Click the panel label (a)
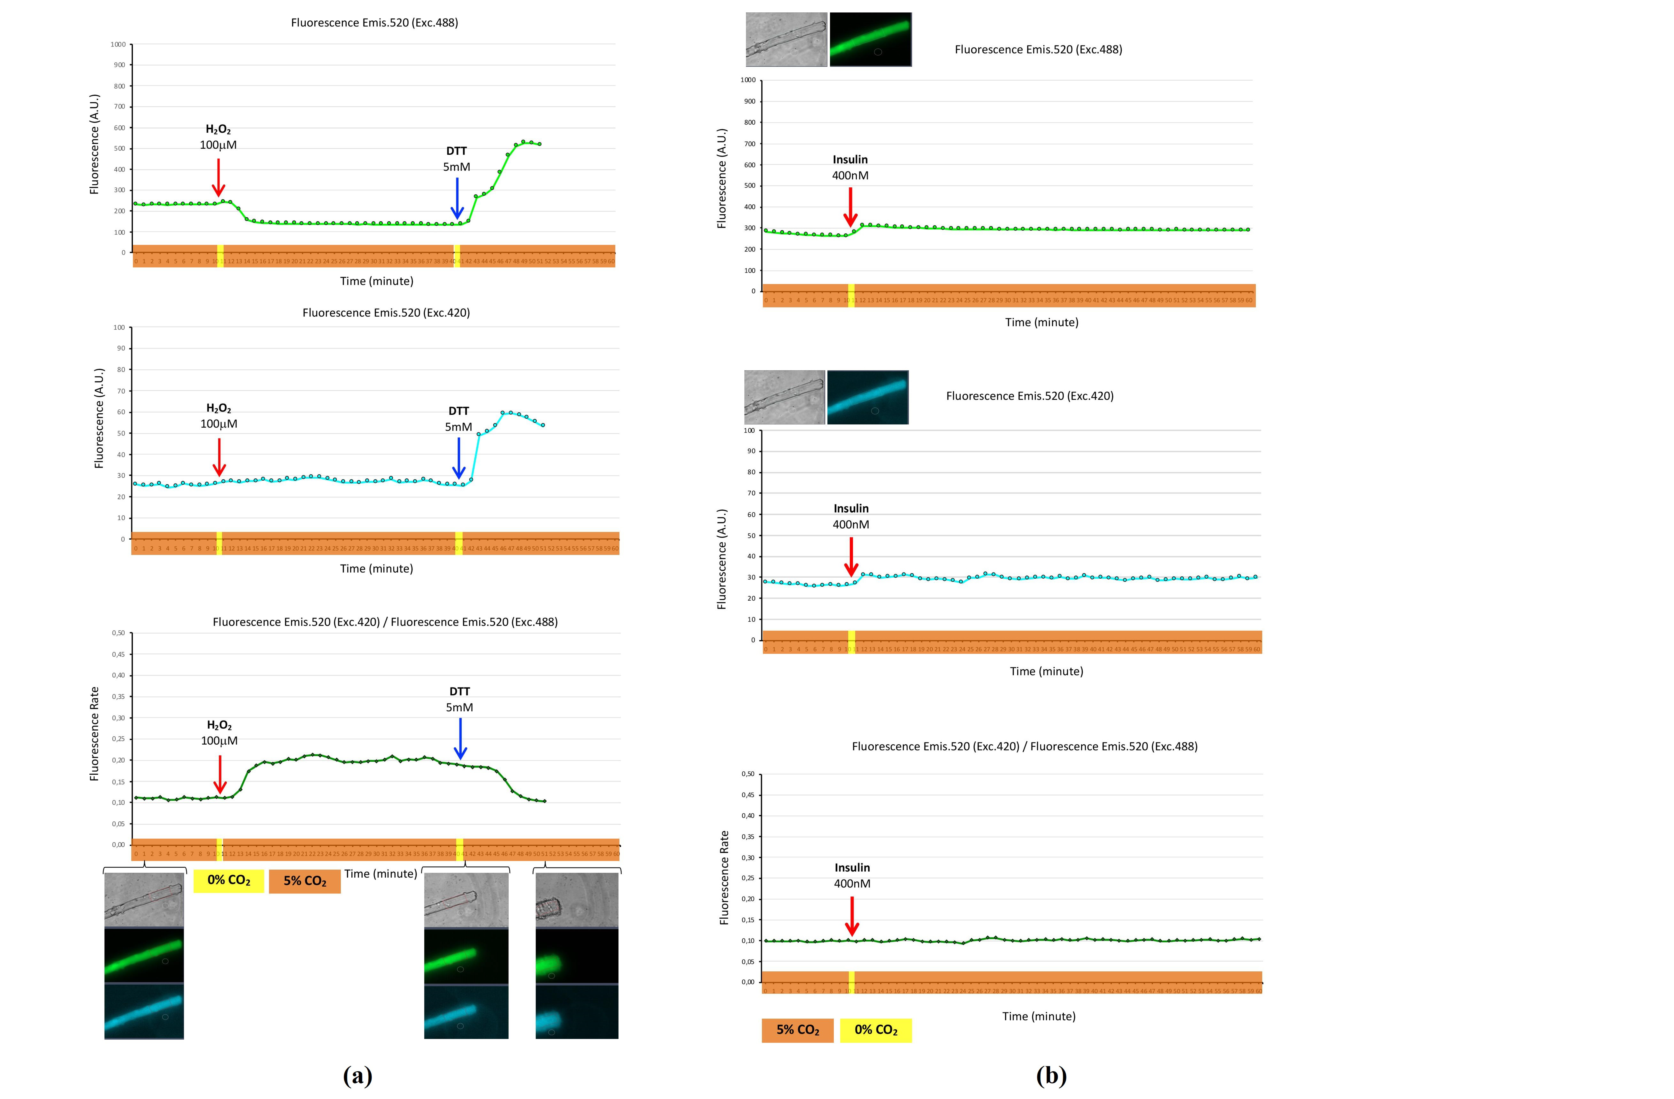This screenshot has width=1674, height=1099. click(x=357, y=1075)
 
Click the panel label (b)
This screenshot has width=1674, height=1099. click(x=1051, y=1075)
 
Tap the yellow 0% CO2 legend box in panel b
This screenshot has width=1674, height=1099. click(x=876, y=1030)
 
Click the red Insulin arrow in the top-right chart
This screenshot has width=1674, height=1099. click(x=850, y=207)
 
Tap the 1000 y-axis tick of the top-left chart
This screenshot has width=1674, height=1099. click(x=118, y=44)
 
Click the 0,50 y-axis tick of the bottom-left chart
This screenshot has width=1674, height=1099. click(x=118, y=633)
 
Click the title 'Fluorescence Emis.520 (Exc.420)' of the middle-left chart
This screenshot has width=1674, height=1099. click(x=386, y=312)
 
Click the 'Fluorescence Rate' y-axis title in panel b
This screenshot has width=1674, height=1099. click(x=724, y=878)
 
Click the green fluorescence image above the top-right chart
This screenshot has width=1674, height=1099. click(x=870, y=39)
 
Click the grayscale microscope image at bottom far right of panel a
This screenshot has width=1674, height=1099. click(x=577, y=900)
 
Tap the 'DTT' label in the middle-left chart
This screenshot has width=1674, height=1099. click(x=459, y=411)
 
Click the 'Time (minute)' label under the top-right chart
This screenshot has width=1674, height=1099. click(x=1041, y=322)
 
